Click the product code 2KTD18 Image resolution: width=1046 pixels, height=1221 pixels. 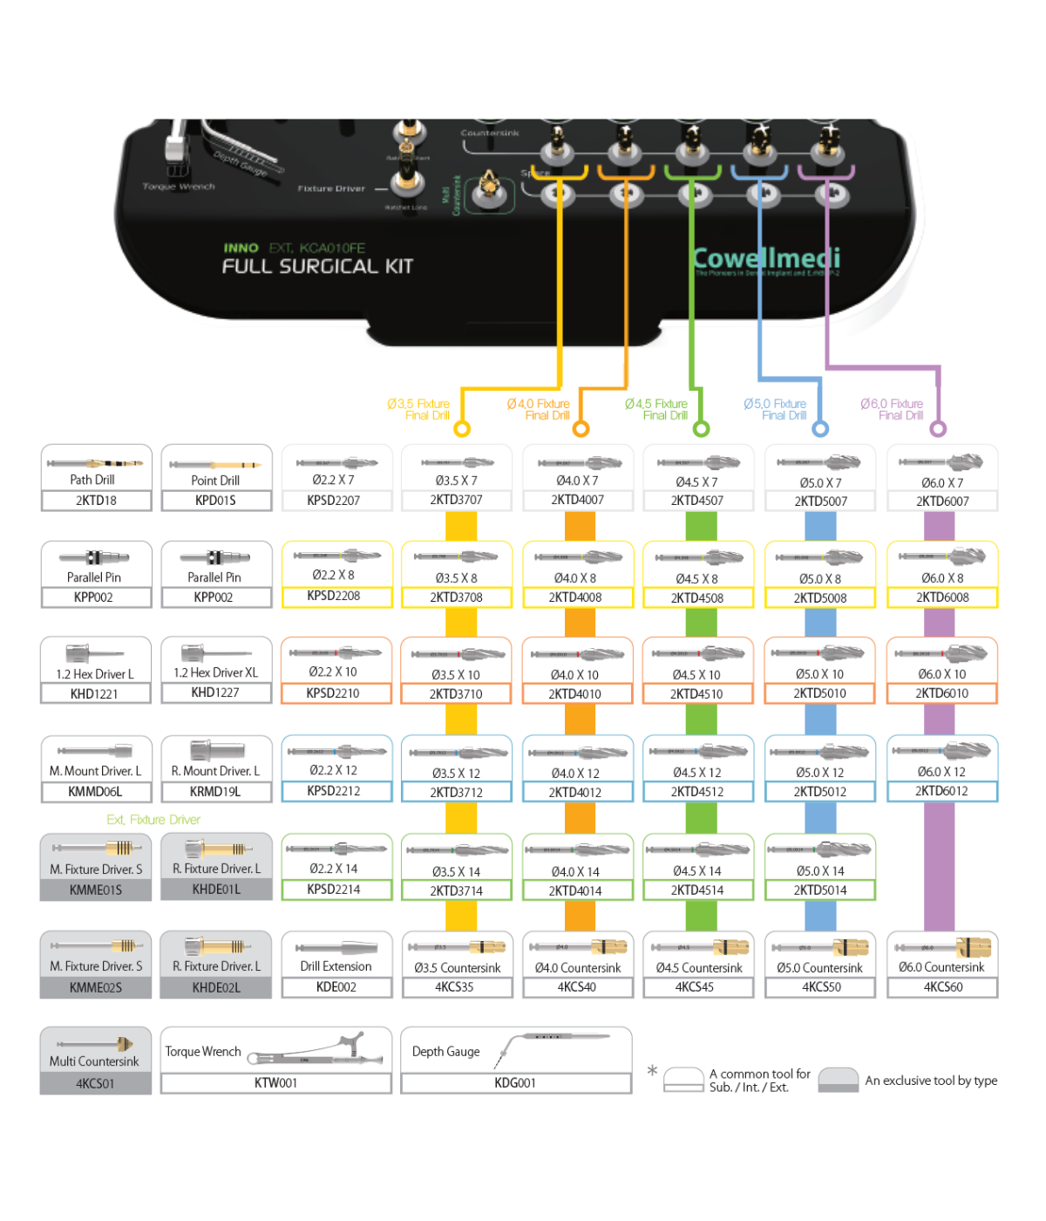[96, 501]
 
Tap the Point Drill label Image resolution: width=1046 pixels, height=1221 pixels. [215, 481]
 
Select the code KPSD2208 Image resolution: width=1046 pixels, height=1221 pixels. [334, 596]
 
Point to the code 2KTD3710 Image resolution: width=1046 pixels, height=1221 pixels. [456, 694]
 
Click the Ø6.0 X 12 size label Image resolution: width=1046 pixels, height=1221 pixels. [941, 772]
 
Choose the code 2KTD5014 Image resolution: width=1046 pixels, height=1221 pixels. [820, 890]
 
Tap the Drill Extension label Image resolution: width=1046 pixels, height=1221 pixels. [336, 966]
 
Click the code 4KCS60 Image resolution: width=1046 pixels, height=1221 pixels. [943, 987]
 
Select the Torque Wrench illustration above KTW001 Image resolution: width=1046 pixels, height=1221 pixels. [318, 1051]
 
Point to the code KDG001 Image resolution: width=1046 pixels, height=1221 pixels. [515, 1083]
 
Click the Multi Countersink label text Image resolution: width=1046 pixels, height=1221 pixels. [94, 1061]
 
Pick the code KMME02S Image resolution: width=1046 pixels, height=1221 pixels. [96, 987]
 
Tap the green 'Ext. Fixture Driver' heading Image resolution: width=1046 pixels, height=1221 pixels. [153, 820]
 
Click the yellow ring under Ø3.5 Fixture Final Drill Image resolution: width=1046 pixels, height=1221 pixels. [462, 428]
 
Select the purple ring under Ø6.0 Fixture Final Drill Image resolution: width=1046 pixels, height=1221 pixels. [938, 428]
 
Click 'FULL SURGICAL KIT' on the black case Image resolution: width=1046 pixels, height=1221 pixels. [317, 267]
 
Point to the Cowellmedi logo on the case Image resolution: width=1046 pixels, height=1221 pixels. [766, 259]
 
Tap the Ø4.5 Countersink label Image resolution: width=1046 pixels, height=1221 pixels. [699, 968]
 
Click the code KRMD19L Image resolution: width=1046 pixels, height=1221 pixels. [215, 792]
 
